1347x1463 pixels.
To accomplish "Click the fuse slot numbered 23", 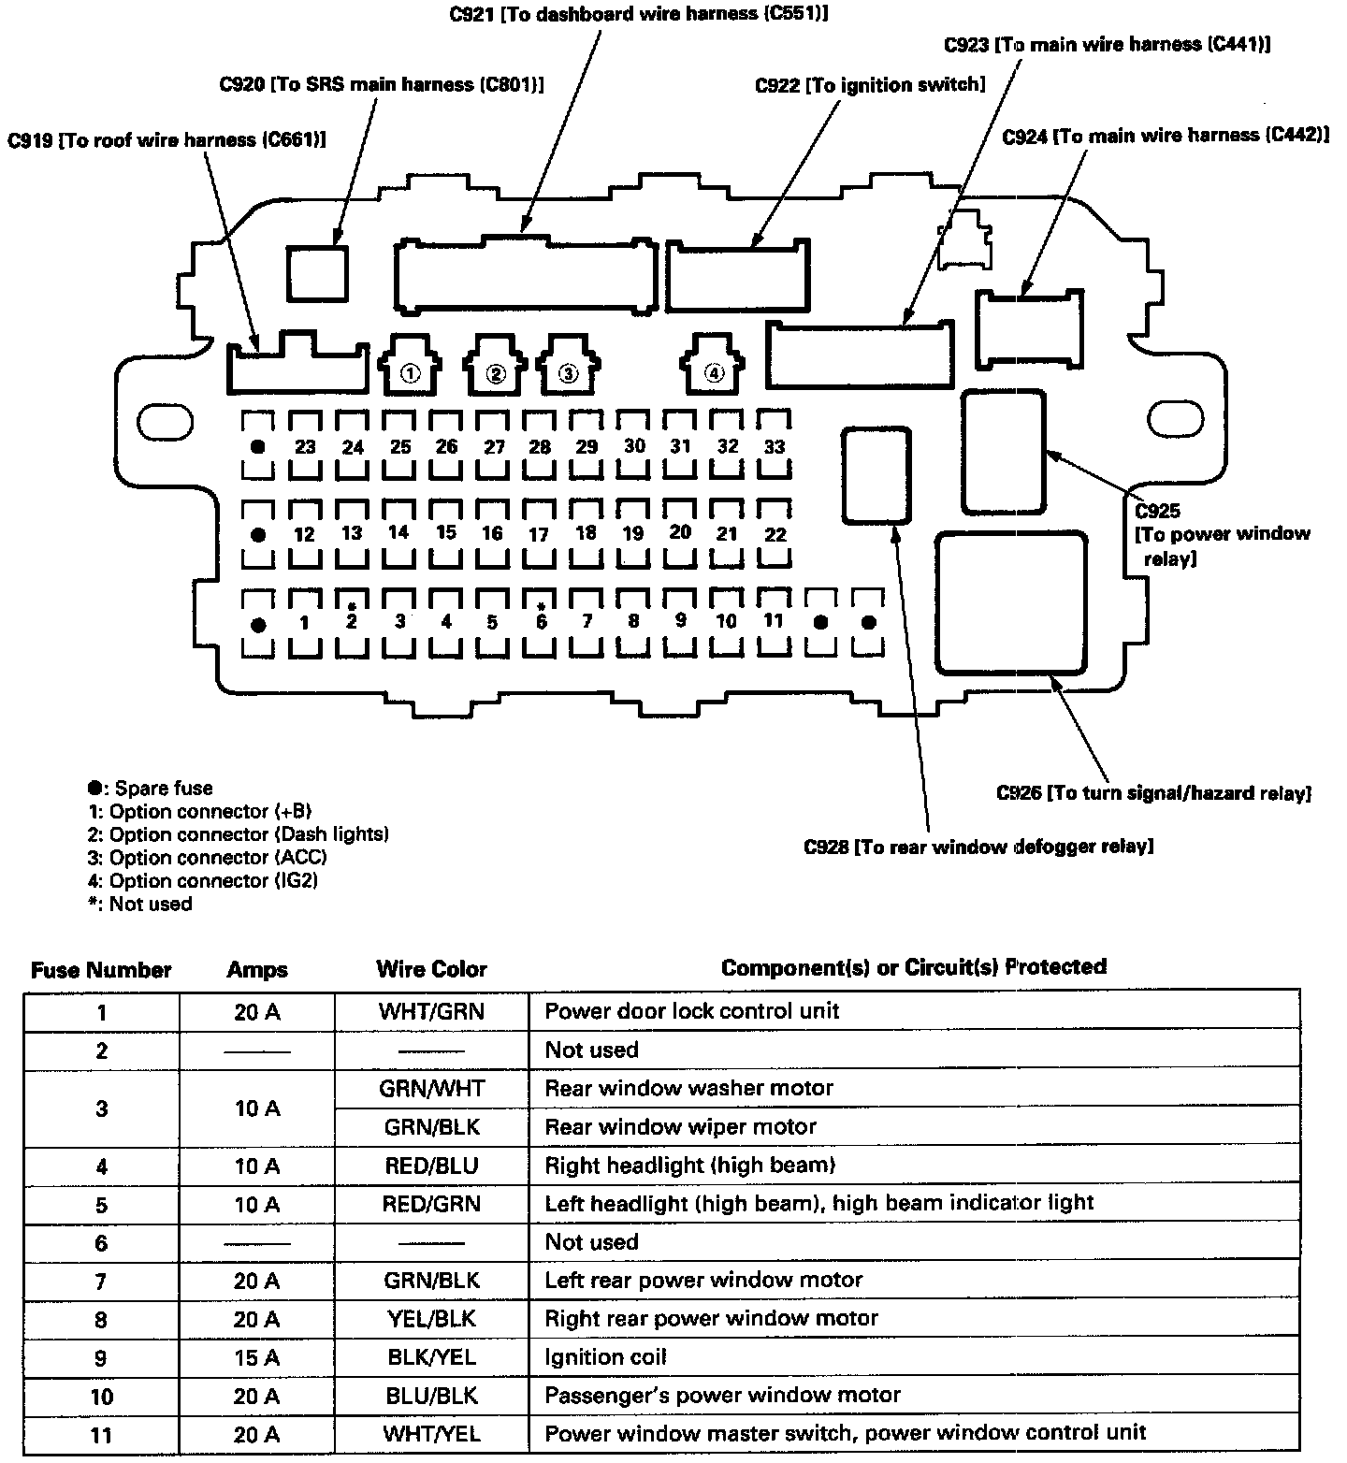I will tap(305, 446).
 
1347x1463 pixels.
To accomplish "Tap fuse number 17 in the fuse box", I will tap(539, 535).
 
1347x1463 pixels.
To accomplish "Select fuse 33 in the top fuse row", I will tap(774, 446).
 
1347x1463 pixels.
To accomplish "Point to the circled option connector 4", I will tap(714, 373).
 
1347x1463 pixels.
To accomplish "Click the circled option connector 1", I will tap(409, 373).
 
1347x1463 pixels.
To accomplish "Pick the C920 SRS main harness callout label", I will tap(382, 84).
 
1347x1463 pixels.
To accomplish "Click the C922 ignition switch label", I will tap(870, 85).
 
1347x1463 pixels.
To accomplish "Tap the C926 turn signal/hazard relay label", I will tap(1153, 793).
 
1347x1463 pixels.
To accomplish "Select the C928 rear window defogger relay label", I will tap(978, 847).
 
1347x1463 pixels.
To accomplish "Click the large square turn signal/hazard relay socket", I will tap(1010, 603).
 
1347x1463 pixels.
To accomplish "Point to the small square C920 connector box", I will tap(317, 272).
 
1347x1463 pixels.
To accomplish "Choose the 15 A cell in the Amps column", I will tap(257, 1357).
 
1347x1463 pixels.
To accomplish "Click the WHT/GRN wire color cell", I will tap(432, 1011).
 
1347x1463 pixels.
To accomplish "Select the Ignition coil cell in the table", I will tap(605, 1357).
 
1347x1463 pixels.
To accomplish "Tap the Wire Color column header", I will tap(431, 969).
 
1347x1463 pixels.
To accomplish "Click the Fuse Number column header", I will tap(101, 970).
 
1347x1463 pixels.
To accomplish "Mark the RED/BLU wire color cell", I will tap(431, 1166).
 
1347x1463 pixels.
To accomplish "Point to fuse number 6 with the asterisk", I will tap(541, 620).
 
